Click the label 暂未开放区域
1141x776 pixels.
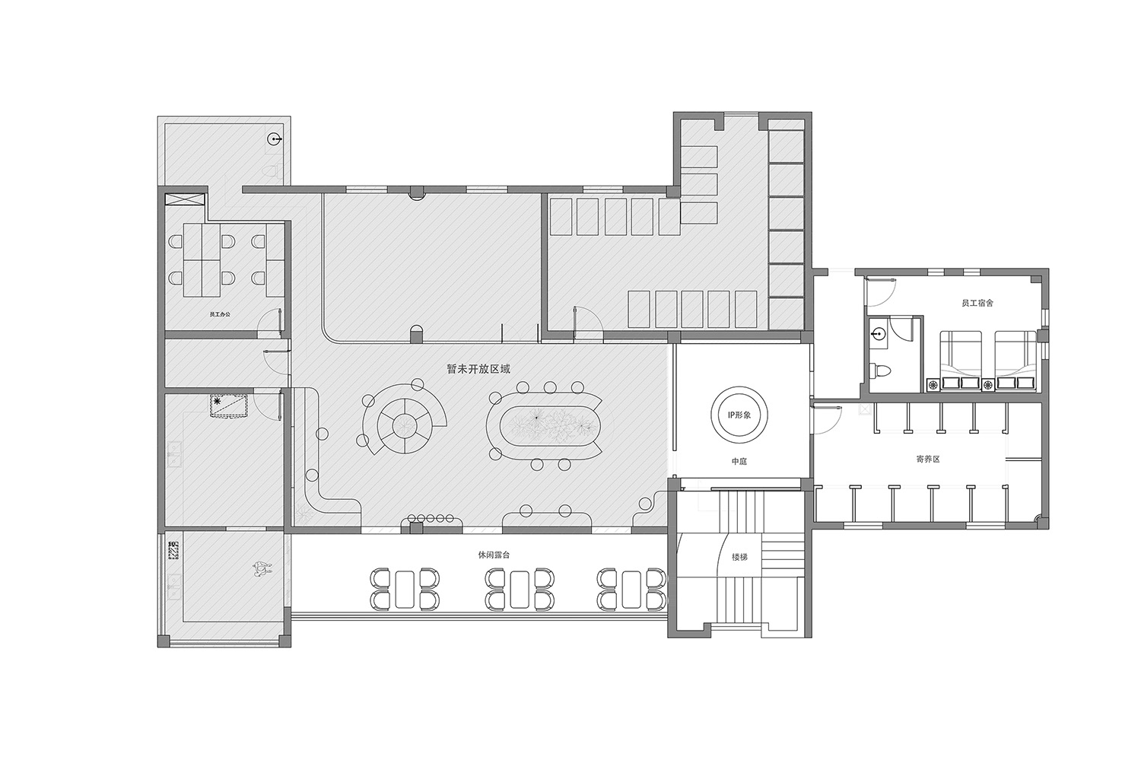(x=478, y=369)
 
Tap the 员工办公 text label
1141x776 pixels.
(x=220, y=314)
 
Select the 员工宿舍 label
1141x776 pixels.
(x=977, y=303)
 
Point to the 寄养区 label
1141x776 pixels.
(x=927, y=459)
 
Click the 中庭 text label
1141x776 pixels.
(x=739, y=461)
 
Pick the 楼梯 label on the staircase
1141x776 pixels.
(x=739, y=557)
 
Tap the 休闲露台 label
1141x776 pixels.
(x=494, y=555)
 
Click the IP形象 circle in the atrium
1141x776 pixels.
(x=739, y=415)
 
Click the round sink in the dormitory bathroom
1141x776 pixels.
(x=878, y=334)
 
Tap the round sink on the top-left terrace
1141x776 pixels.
(x=275, y=138)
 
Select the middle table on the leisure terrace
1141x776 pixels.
(x=519, y=589)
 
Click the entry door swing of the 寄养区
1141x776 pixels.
(x=825, y=420)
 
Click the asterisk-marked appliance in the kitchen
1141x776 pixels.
(x=229, y=405)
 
